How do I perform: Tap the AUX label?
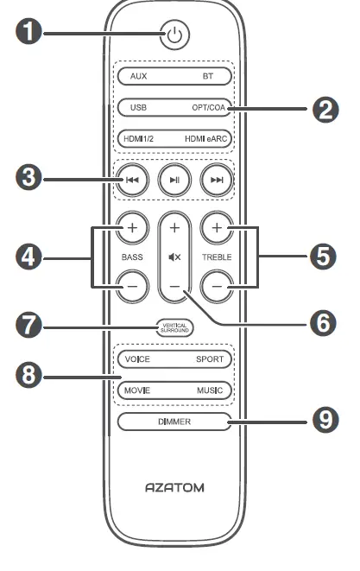[x=139, y=76]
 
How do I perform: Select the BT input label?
[x=207, y=76]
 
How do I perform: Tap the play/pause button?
[x=174, y=180]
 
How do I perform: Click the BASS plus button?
[x=132, y=230]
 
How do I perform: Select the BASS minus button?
[x=132, y=286]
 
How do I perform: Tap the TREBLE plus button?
[x=218, y=230]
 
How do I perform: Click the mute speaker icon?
[x=174, y=257]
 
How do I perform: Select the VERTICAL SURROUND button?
[x=174, y=327]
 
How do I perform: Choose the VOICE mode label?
[x=137, y=358]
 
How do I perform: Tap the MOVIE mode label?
[x=136, y=390]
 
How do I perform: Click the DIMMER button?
[x=174, y=422]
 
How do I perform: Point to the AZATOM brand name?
[x=174, y=488]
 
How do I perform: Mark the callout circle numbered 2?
[x=325, y=110]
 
